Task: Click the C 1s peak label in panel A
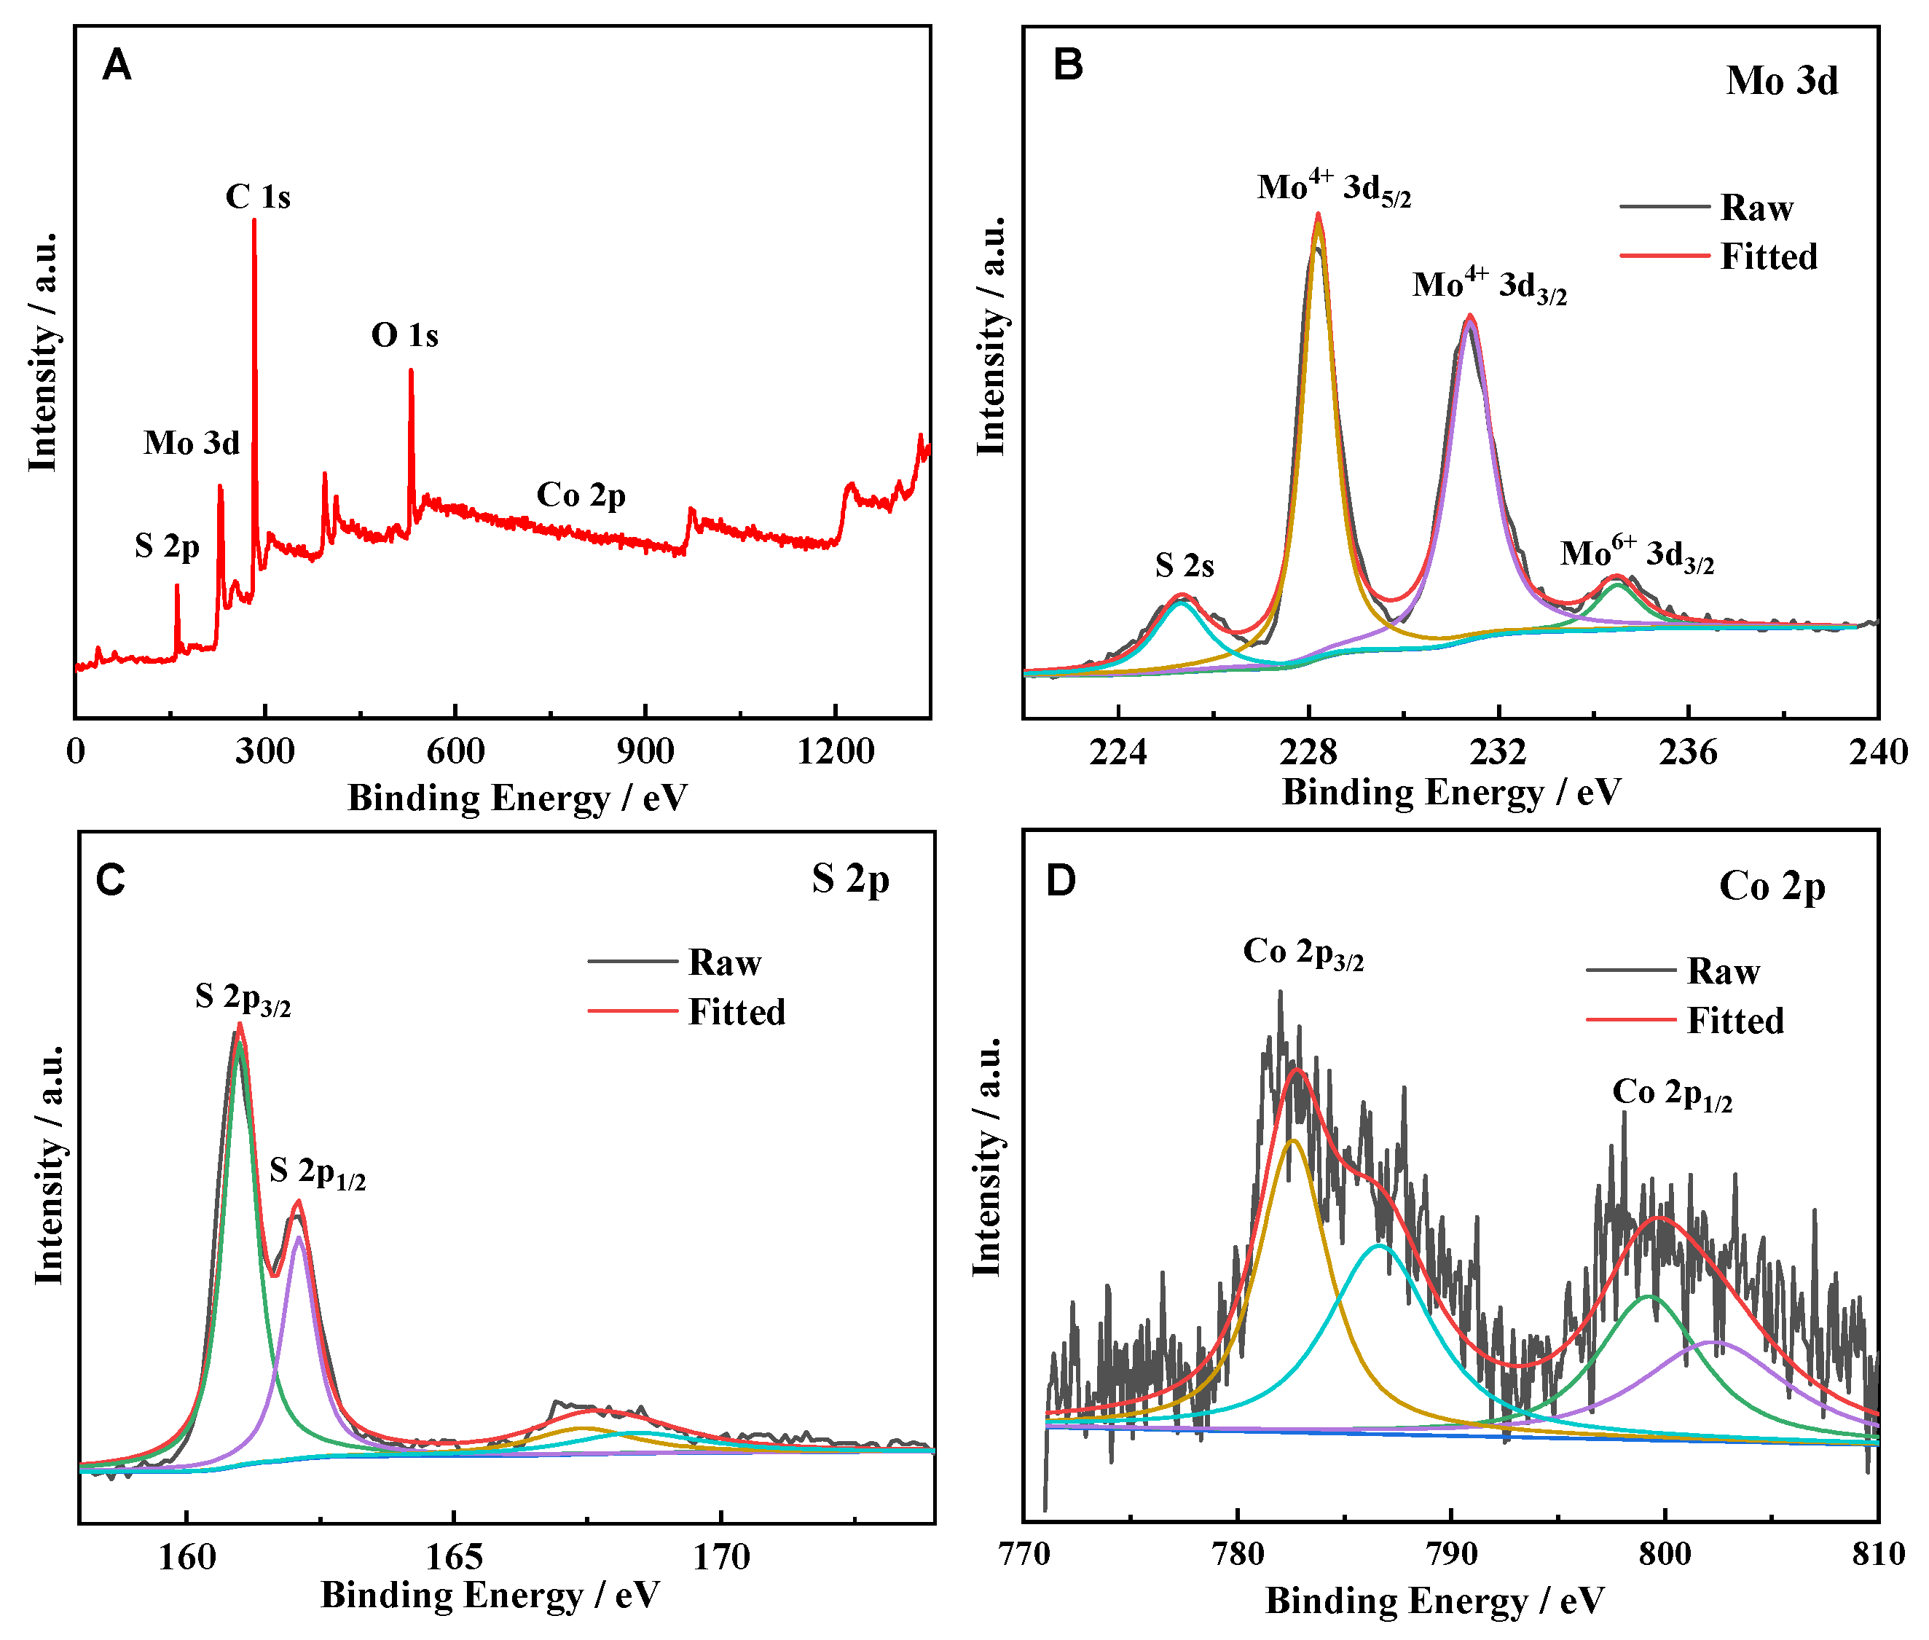(x=257, y=197)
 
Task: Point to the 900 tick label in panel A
(x=645, y=751)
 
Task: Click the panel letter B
(x=1068, y=65)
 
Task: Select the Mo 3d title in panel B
(x=1781, y=81)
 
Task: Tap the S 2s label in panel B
(x=1184, y=565)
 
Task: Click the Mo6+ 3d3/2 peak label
(x=1636, y=555)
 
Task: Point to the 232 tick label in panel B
(x=1498, y=751)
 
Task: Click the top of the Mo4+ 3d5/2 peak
(x=1317, y=215)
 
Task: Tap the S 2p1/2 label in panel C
(x=317, y=1172)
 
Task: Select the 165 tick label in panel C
(x=454, y=1556)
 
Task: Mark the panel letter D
(x=1061, y=879)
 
